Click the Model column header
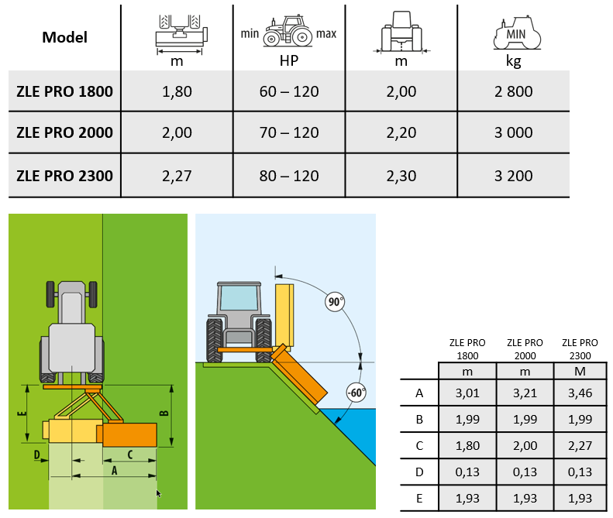pyautogui.click(x=65, y=37)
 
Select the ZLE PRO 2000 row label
pyautogui.click(x=65, y=132)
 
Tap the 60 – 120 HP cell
pyautogui.click(x=289, y=91)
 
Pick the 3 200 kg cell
pyautogui.click(x=513, y=175)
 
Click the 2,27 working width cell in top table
pyautogui.click(x=177, y=175)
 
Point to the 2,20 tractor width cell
pyautogui.click(x=401, y=132)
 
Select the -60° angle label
pyautogui.click(x=356, y=392)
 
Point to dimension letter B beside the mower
pyautogui.click(x=164, y=412)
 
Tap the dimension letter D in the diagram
pyautogui.click(x=36, y=455)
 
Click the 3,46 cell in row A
pyautogui.click(x=580, y=393)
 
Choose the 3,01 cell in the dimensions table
pyautogui.click(x=467, y=393)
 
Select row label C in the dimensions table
pyautogui.click(x=419, y=447)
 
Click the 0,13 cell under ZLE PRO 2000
pyautogui.click(x=524, y=473)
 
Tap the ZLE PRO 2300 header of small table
pyautogui.click(x=580, y=349)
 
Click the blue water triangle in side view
pyautogui.click(x=353, y=430)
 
